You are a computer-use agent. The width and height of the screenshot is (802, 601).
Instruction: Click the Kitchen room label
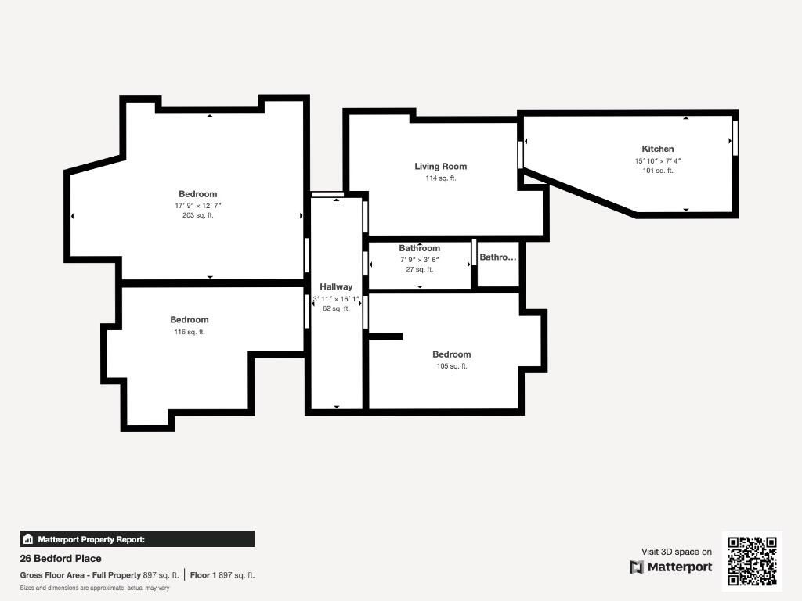coord(658,149)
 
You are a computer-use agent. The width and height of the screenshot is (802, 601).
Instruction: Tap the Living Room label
coord(440,166)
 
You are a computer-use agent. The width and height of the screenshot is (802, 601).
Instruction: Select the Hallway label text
coord(336,286)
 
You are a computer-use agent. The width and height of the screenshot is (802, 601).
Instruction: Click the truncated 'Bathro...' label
coord(497,257)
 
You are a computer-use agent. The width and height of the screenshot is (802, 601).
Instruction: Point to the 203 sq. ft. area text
coord(198,215)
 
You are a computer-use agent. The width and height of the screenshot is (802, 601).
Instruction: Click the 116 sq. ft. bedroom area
coord(190,332)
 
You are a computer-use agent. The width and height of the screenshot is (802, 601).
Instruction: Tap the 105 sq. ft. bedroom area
coord(452,366)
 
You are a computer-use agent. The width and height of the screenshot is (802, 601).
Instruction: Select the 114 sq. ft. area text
coord(440,178)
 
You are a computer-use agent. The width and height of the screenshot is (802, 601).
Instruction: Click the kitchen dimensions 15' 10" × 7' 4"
coord(658,161)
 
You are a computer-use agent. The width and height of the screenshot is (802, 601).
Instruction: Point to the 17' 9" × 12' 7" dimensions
coord(198,206)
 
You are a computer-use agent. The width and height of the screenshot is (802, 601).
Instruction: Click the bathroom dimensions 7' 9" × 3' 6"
coord(420,260)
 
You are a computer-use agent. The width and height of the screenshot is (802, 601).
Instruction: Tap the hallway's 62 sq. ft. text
coord(336,308)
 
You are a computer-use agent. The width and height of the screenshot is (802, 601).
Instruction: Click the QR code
coord(752,561)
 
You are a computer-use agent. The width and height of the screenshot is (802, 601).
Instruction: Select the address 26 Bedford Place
coord(60,559)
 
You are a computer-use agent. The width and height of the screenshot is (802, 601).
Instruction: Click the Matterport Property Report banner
coord(137,539)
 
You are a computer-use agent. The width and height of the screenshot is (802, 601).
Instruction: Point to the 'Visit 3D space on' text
coord(677,552)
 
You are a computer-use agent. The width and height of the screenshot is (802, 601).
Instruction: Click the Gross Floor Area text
coord(99,575)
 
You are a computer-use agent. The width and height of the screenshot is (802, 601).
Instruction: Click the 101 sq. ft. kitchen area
coord(658,171)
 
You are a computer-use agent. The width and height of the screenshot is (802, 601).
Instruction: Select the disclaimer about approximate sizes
coord(95,588)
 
